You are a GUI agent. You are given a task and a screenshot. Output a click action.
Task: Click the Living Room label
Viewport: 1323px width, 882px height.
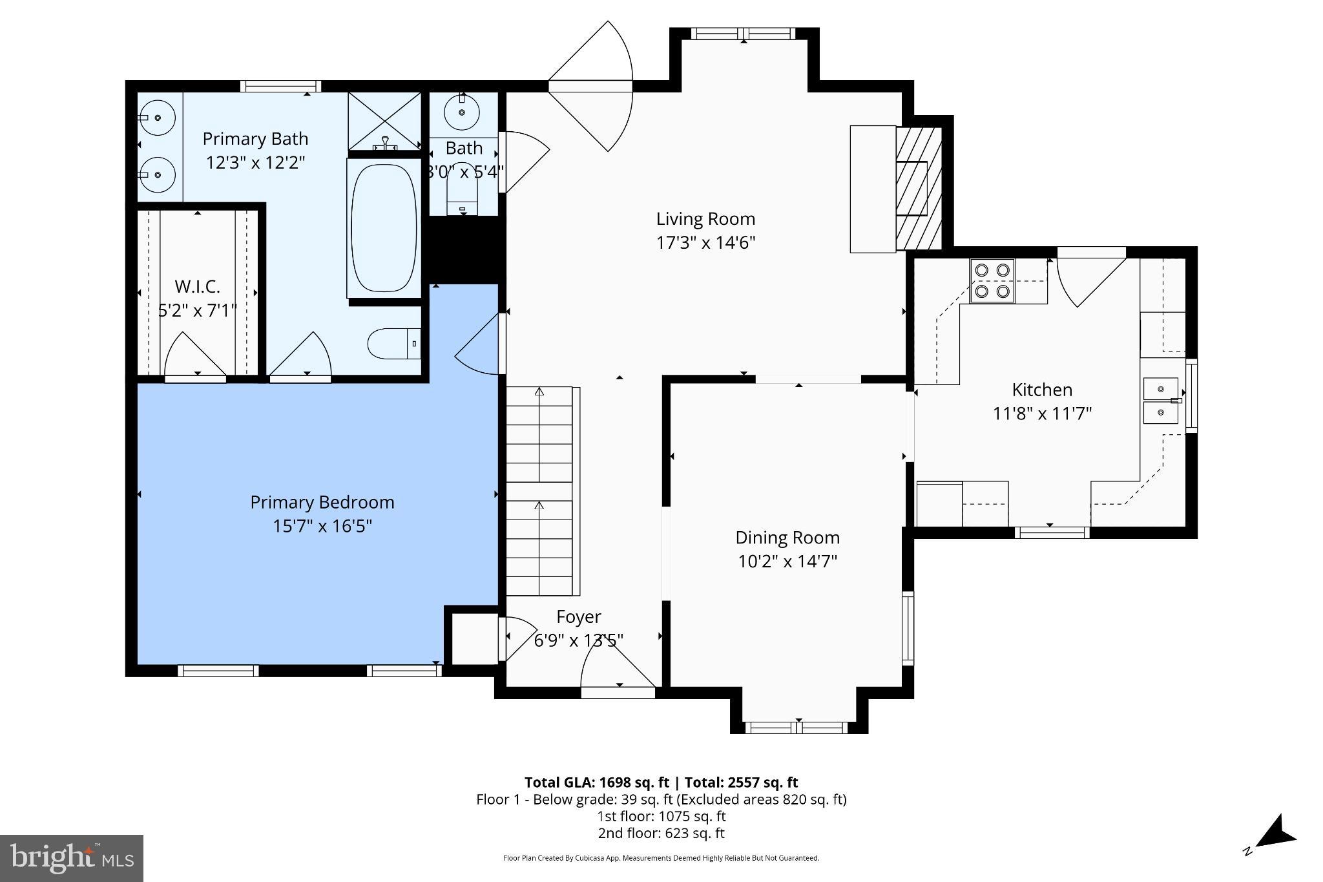705,219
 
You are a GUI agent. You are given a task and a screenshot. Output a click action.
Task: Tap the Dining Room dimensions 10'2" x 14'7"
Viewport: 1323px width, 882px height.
787,562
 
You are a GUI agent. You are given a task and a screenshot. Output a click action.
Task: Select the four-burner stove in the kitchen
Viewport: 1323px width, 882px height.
992,280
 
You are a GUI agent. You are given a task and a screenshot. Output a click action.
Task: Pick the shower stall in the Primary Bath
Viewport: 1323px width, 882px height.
384,121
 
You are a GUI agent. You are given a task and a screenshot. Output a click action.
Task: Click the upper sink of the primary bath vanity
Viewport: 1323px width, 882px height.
157,118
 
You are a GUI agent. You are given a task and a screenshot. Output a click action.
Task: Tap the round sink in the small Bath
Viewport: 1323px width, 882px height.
463,112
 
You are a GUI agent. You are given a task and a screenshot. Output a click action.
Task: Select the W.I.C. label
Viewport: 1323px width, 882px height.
197,286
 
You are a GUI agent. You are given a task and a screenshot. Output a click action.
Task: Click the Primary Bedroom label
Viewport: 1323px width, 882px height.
322,502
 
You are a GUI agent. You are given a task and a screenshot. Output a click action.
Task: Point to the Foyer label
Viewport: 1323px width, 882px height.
578,616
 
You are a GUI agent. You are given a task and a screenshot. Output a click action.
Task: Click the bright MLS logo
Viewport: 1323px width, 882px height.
72,858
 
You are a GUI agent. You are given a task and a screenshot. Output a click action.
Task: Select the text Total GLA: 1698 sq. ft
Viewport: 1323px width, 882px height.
596,782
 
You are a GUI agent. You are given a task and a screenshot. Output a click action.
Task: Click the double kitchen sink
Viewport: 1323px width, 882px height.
1161,401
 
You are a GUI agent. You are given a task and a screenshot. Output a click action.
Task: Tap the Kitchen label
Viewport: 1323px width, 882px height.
1041,390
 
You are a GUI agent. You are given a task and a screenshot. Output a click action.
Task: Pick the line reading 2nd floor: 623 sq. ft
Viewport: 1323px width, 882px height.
661,833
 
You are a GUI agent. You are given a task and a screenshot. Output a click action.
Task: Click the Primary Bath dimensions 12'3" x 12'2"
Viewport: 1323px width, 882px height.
255,162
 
